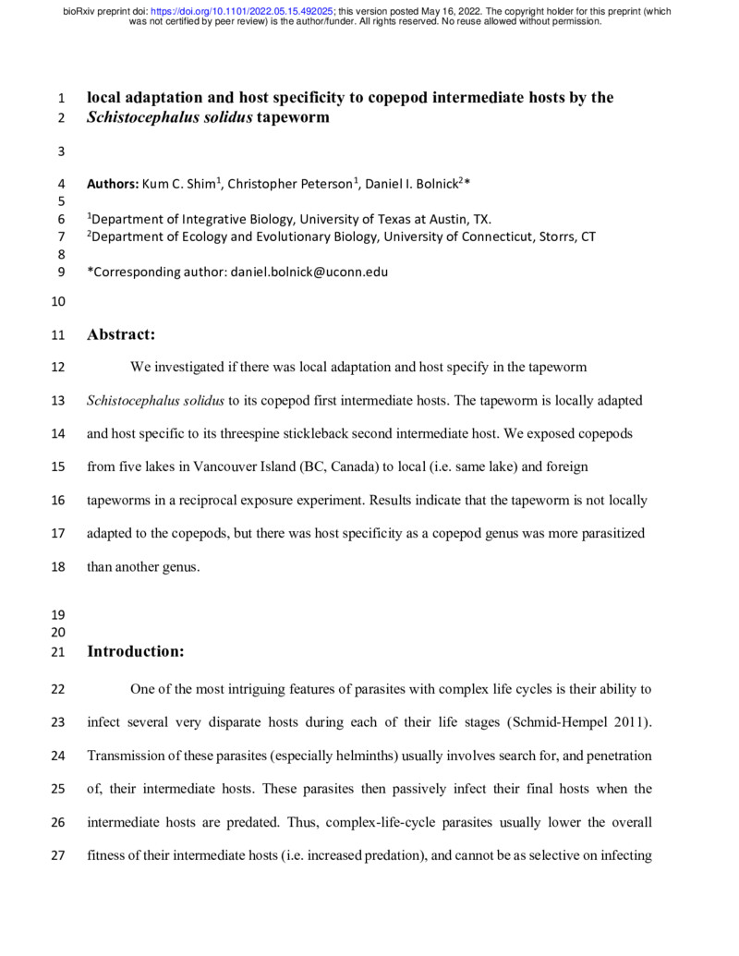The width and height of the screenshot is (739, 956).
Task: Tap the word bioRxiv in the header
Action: (80, 11)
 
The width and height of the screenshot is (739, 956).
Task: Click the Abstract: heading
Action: (121, 334)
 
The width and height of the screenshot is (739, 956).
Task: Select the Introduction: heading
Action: (136, 651)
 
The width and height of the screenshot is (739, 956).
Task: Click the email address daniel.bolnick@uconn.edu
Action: (309, 272)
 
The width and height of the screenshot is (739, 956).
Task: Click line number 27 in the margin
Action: (61, 855)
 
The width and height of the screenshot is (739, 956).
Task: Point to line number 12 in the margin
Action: (61, 367)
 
